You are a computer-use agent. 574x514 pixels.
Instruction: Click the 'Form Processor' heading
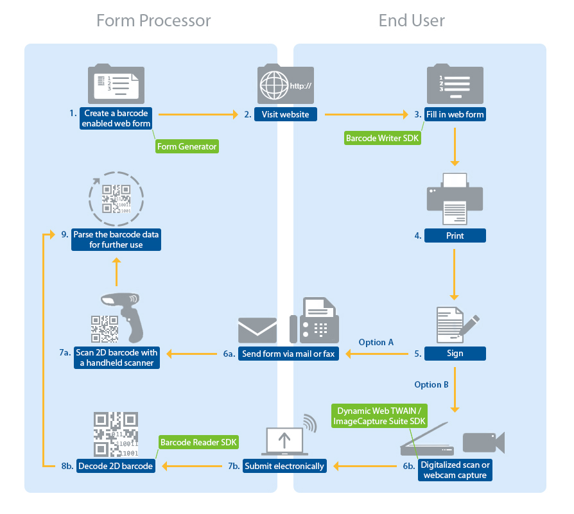point(153,21)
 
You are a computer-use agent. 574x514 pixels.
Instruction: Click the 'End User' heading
point(412,21)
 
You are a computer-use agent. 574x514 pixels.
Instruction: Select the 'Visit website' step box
point(286,115)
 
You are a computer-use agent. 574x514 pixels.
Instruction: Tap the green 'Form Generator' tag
point(187,147)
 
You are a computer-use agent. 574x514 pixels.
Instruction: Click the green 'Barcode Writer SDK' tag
point(383,138)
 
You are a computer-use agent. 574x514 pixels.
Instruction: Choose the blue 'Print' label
point(455,236)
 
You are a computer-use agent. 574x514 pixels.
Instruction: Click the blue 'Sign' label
point(455,353)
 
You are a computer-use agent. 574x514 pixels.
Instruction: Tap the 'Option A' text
point(376,342)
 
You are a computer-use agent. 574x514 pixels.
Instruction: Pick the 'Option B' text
point(431,385)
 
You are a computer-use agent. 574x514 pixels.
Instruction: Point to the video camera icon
point(483,443)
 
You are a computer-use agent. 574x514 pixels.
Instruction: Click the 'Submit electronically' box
point(284,466)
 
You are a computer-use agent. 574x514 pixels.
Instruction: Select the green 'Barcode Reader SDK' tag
point(198,442)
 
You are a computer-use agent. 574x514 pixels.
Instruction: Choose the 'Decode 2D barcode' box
point(116,466)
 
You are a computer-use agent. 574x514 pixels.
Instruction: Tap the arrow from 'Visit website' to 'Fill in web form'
point(366,115)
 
